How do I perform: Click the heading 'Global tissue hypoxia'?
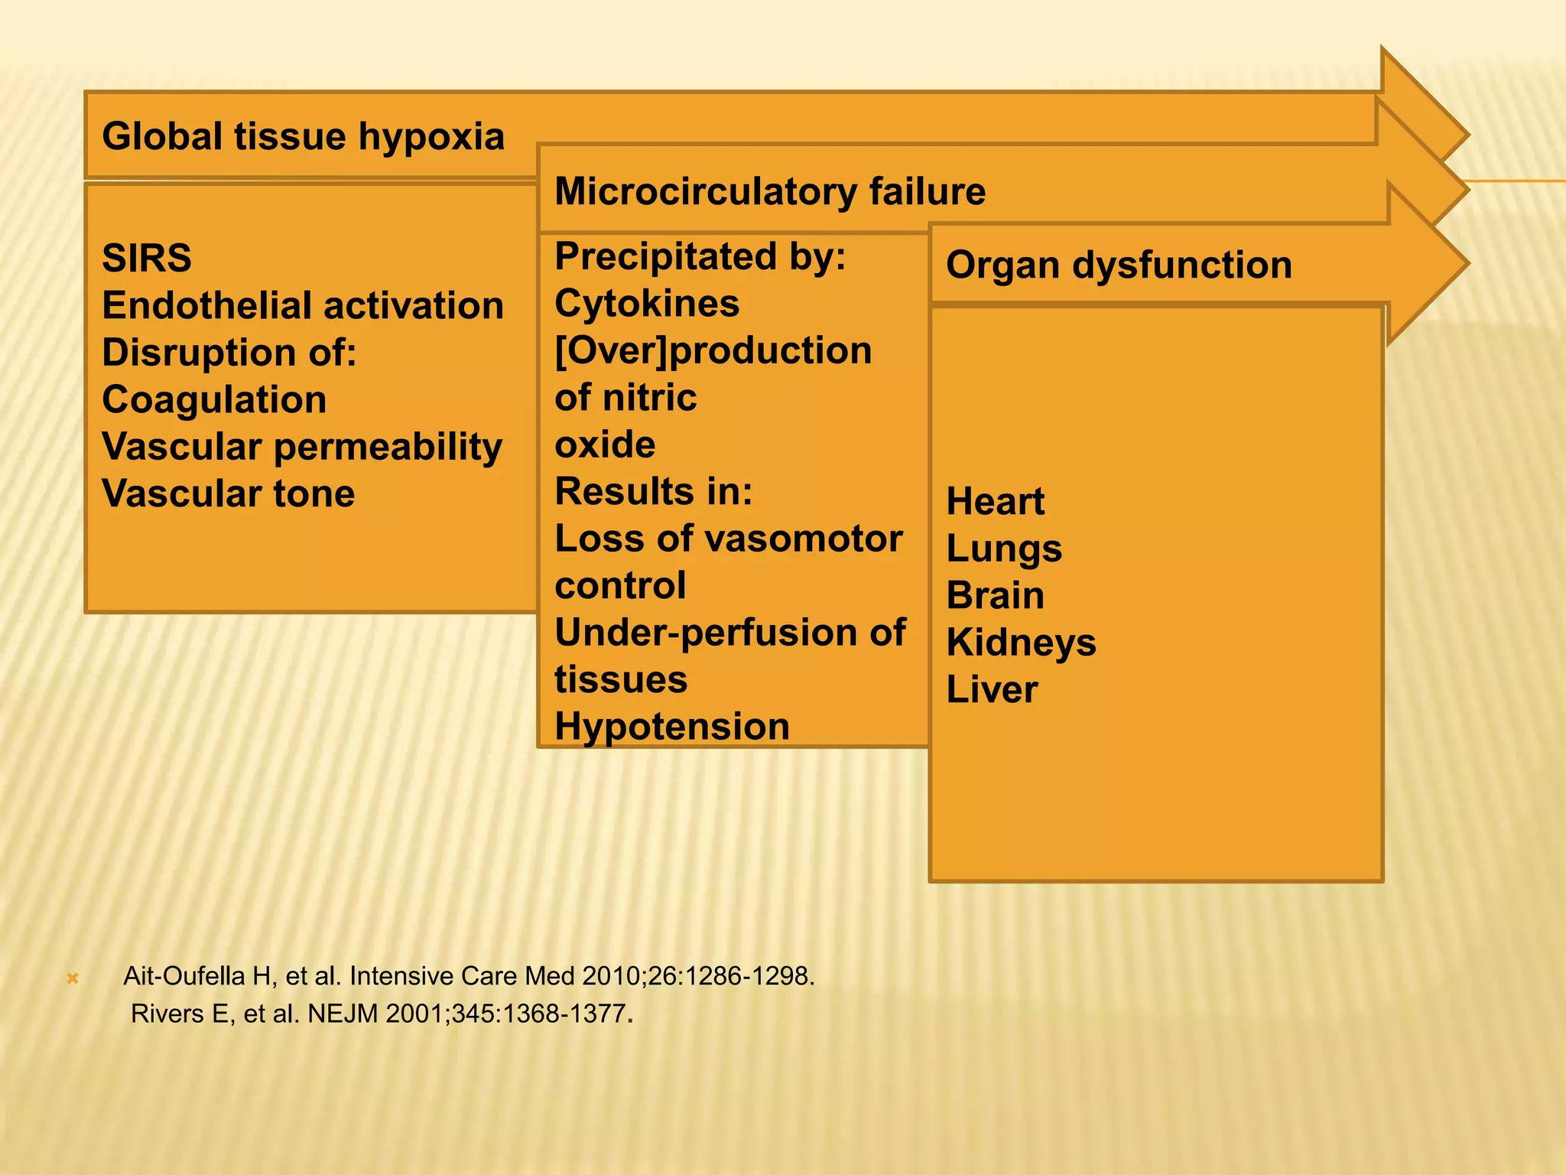[303, 137]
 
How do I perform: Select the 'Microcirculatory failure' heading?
[769, 191]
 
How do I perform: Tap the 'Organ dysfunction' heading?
[1119, 265]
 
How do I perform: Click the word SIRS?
[147, 258]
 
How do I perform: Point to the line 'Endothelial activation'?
[303, 305]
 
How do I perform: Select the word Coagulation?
[214, 399]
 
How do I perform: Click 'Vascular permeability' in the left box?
[302, 447]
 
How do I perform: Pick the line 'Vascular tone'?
[228, 493]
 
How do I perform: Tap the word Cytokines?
[647, 303]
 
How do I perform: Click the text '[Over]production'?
[713, 350]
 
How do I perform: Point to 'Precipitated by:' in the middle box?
[700, 256]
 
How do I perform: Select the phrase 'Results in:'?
[653, 491]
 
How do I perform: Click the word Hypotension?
[671, 726]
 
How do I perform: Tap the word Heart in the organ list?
[995, 502]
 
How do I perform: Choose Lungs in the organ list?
[1004, 548]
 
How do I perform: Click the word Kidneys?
[1021, 643]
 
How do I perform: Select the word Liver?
[992, 689]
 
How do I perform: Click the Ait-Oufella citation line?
[469, 976]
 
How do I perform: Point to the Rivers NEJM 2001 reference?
[381, 1014]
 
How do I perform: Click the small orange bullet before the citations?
[73, 978]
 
